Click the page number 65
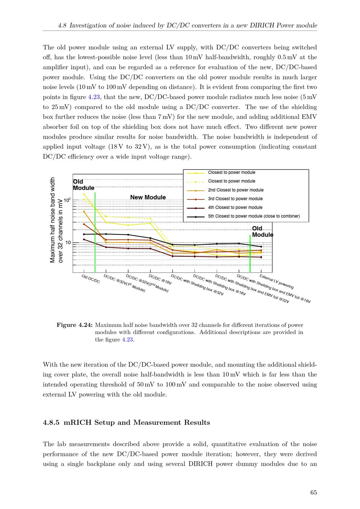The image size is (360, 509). (x=313, y=493)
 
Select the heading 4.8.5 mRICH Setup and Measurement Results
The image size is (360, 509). (x=126, y=423)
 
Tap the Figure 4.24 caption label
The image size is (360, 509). (x=75, y=325)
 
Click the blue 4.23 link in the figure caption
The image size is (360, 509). (x=128, y=339)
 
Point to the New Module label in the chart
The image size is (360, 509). (x=148, y=197)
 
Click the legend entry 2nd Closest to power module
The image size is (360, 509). (x=235, y=190)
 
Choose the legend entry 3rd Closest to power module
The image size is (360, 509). (x=235, y=199)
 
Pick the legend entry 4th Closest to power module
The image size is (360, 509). (x=235, y=207)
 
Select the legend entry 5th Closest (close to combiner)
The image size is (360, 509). (x=253, y=216)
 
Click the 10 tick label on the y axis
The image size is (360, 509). (x=68, y=243)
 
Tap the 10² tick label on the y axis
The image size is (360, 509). (x=67, y=200)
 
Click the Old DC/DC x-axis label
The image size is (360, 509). (x=91, y=279)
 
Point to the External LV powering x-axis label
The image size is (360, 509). (x=276, y=282)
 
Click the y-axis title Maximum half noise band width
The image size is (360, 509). (x=53, y=220)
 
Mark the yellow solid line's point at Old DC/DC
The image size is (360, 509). (x=84, y=194)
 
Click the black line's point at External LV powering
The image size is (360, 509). (x=261, y=247)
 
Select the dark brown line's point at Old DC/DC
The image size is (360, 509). (x=84, y=239)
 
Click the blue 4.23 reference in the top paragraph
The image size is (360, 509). (x=94, y=97)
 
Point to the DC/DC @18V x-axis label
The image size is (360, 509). (x=160, y=280)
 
